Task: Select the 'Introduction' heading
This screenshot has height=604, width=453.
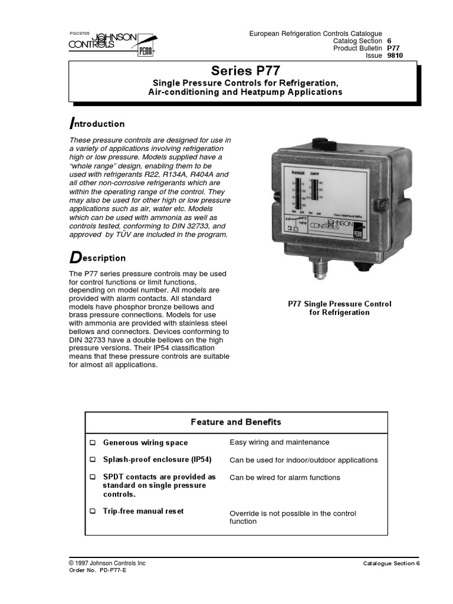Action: click(97, 124)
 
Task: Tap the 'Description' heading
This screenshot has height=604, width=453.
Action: click(98, 258)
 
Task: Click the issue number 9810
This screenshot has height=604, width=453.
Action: click(395, 55)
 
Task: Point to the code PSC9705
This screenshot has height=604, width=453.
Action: click(79, 34)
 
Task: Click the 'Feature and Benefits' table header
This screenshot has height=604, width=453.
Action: click(236, 422)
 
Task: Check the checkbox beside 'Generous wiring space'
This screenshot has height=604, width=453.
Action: click(92, 443)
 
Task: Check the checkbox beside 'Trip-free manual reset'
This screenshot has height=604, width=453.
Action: click(92, 511)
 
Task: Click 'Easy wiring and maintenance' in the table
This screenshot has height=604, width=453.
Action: click(279, 442)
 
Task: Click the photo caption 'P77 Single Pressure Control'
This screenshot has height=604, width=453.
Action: click(339, 304)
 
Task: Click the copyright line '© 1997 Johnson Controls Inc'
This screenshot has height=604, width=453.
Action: click(107, 563)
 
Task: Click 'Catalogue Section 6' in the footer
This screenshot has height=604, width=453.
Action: click(391, 564)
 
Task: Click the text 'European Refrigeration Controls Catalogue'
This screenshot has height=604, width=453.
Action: click(316, 34)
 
